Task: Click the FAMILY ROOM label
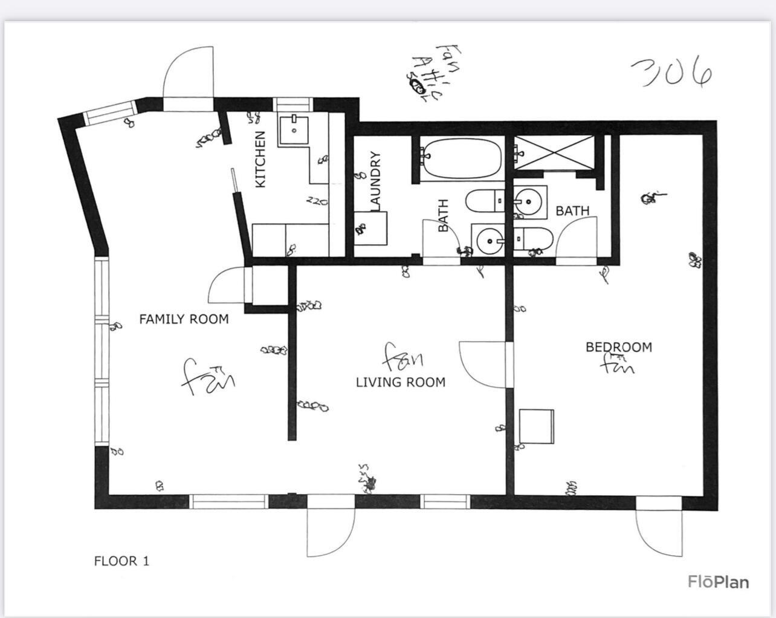pyautogui.click(x=184, y=319)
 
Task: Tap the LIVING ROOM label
pyautogui.click(x=400, y=382)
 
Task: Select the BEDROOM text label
pyautogui.click(x=618, y=347)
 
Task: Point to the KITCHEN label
pyautogui.click(x=260, y=159)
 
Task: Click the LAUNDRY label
pyautogui.click(x=375, y=181)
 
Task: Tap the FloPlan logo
pyautogui.click(x=718, y=582)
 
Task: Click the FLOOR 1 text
pyautogui.click(x=121, y=561)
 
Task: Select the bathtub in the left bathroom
pyautogui.click(x=462, y=158)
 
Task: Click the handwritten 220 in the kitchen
pyautogui.click(x=317, y=201)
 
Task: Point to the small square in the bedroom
pyautogui.click(x=537, y=426)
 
